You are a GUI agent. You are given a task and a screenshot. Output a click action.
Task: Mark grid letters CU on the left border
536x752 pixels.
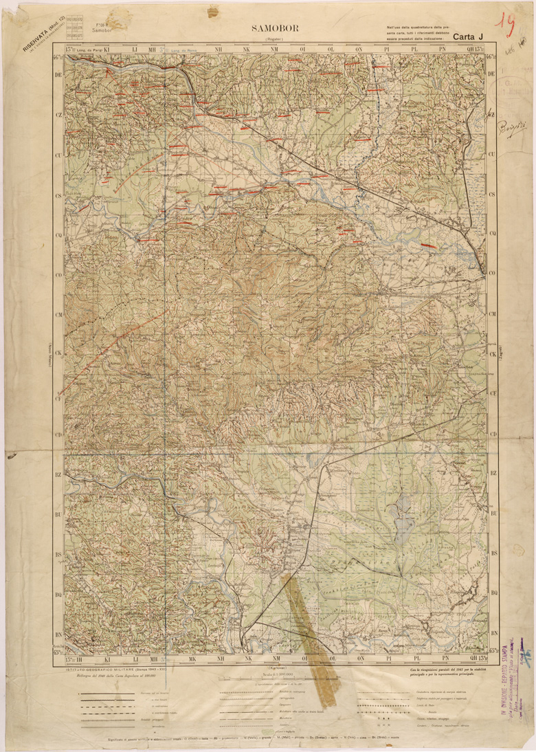click(x=59, y=156)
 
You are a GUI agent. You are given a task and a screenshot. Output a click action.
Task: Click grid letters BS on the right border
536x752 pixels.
click(x=493, y=553)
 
